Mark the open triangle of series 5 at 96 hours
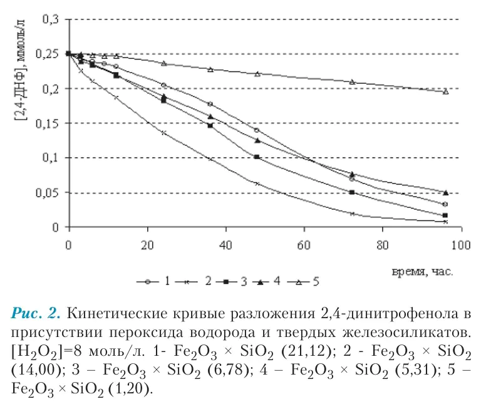point(445,91)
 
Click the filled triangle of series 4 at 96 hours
point(445,192)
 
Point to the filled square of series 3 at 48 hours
point(257,157)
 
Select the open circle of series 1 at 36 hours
point(210,104)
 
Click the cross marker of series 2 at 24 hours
point(163,133)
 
